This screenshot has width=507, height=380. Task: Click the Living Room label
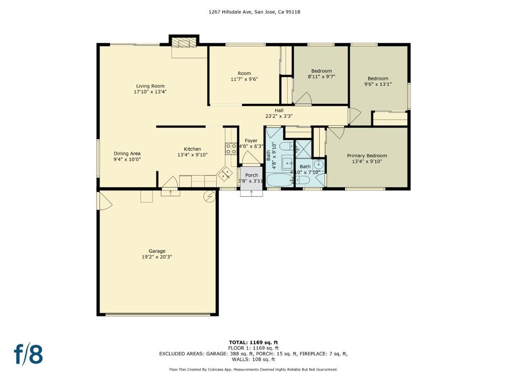click(x=150, y=86)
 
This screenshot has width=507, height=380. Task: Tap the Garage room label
click(x=157, y=251)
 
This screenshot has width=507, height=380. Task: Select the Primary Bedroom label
click(x=367, y=156)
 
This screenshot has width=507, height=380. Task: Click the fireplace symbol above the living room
click(x=184, y=43)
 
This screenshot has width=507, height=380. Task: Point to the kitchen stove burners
click(x=231, y=148)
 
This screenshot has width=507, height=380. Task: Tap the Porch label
click(x=252, y=175)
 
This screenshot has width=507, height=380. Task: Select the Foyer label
click(x=251, y=141)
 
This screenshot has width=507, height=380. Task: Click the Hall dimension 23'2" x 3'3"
click(x=279, y=116)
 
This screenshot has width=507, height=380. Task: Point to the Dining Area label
click(x=127, y=154)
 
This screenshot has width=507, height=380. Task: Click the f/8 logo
click(x=28, y=354)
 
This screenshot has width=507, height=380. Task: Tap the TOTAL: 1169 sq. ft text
click(x=253, y=342)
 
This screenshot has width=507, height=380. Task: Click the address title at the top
click(x=254, y=12)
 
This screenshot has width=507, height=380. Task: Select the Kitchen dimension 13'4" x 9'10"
click(x=193, y=155)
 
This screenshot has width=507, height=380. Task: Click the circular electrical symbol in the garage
click(x=209, y=196)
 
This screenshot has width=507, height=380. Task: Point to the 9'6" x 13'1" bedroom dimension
click(x=378, y=84)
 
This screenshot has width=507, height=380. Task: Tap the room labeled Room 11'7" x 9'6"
click(x=244, y=76)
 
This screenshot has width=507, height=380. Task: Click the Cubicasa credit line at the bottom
click(x=253, y=369)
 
